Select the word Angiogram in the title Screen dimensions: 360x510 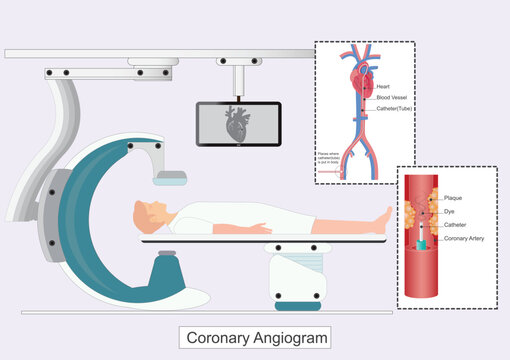pyautogui.click(x=290, y=338)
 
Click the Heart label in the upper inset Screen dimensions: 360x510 pyautogui.click(x=383, y=88)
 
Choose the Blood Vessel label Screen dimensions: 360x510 pyautogui.click(x=391, y=97)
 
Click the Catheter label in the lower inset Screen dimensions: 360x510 pyautogui.click(x=456, y=225)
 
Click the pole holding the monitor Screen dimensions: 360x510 pyautogui.click(x=237, y=82)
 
